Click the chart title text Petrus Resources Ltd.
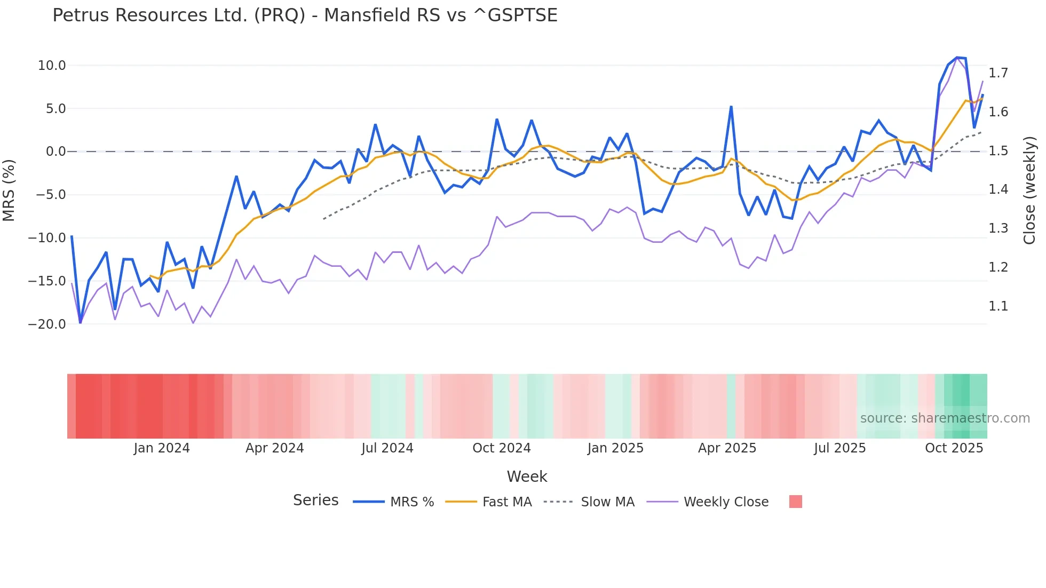coord(305,15)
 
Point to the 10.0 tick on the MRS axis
coord(51,66)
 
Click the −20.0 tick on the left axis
coord(47,324)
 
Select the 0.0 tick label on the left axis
coord(56,152)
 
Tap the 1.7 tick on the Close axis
coord(998,73)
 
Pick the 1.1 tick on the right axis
coord(998,306)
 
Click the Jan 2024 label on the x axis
coord(161,448)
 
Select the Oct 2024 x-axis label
coord(501,448)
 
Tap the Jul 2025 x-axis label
coord(839,448)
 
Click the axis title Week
coord(527,476)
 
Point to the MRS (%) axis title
coord(9,190)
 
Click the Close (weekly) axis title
coord(1029,190)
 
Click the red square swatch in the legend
coord(795,502)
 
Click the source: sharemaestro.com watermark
coord(945,418)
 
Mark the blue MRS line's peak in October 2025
coord(957,58)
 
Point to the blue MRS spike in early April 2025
coord(731,107)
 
